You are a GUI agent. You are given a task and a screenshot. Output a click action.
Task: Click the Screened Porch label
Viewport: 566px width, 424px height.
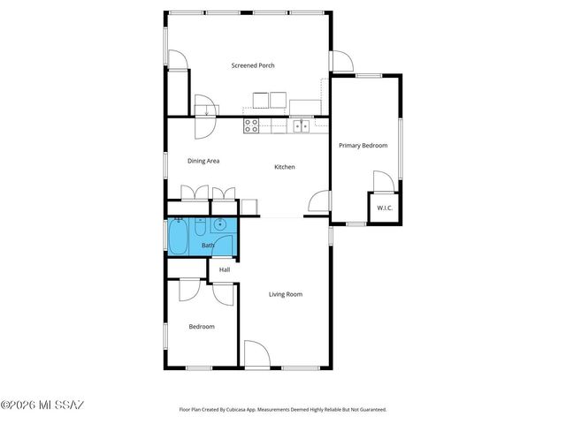point(253,65)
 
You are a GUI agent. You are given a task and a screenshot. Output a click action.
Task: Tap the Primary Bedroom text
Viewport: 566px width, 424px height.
point(363,145)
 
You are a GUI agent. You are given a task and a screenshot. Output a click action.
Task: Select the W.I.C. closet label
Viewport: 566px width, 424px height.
point(385,208)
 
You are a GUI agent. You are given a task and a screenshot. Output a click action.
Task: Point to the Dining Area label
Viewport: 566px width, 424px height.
point(203,161)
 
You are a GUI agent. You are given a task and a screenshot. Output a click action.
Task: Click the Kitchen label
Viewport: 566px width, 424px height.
point(284,167)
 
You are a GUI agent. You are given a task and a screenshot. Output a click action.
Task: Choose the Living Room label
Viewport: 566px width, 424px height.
point(286,294)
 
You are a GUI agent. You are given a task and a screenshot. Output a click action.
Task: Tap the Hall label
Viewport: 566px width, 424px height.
point(225,269)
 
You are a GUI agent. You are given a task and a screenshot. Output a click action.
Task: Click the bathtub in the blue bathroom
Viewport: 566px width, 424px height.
point(178,236)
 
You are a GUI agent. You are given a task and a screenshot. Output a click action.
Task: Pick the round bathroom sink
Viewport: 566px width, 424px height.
point(219,224)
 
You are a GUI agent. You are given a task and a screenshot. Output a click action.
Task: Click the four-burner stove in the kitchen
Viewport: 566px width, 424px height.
point(251,125)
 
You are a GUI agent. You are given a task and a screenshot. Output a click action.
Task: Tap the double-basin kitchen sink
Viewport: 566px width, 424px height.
point(302,125)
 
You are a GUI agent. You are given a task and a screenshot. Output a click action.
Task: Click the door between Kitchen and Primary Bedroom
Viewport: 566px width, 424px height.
point(318,202)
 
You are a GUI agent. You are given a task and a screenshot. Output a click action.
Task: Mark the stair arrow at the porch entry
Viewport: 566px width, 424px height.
point(207,110)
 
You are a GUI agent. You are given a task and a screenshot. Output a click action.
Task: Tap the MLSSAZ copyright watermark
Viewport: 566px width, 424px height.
point(42,405)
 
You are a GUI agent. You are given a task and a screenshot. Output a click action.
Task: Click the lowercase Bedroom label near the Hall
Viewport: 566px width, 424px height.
point(202,327)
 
